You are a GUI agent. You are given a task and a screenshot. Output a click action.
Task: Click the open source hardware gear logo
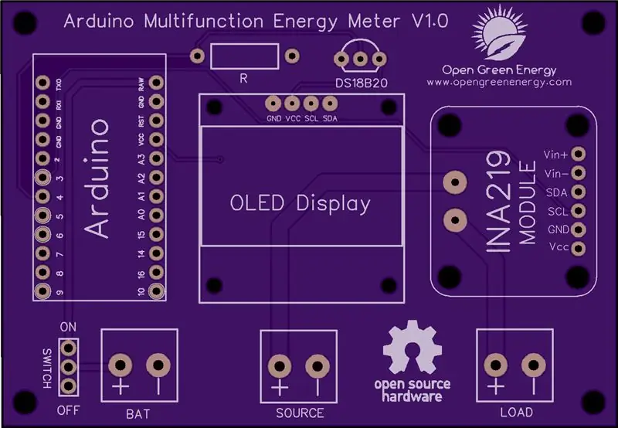[x=413, y=347]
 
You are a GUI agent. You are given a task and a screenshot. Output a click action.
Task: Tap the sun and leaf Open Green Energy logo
[x=499, y=34]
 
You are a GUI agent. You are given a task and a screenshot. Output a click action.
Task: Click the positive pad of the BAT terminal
[x=121, y=365]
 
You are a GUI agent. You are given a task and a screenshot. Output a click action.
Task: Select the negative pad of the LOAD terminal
[x=534, y=365]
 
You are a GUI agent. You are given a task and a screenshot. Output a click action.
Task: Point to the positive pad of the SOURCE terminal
[x=280, y=366]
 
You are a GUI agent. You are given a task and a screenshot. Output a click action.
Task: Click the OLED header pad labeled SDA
[x=330, y=104]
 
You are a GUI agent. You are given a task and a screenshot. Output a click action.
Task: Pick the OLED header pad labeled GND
[x=273, y=104]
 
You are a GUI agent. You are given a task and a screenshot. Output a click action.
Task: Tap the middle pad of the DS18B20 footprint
[x=360, y=59]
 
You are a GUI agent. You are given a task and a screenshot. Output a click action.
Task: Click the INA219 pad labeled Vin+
[x=578, y=154]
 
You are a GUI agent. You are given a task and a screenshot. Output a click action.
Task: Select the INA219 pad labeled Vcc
[x=578, y=248]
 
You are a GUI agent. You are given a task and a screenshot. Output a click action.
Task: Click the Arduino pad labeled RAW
[x=157, y=83]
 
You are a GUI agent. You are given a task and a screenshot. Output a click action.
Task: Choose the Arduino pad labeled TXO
[x=42, y=83]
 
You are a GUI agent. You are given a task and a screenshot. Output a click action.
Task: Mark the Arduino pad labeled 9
[x=42, y=291]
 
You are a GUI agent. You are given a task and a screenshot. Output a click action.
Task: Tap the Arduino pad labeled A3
[x=157, y=158]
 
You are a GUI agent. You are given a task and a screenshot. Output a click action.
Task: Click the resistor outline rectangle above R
[x=245, y=44]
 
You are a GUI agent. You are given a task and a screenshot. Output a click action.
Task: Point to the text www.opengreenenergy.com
[x=499, y=83]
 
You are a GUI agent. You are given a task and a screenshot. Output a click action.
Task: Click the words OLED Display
[x=301, y=203]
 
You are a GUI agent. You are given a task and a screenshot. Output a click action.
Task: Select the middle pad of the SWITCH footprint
[x=69, y=367]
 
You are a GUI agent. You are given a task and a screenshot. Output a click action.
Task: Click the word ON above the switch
[x=68, y=327]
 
